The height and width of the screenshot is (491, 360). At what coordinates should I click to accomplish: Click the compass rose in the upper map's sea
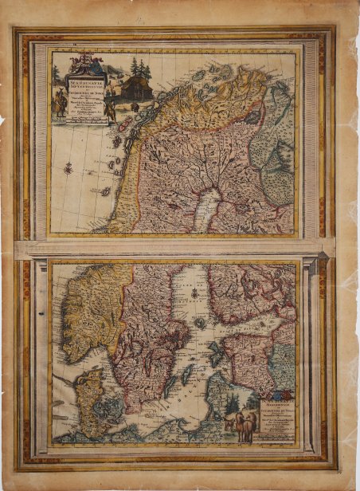click(68, 168)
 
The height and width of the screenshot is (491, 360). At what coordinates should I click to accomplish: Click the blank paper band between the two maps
click(175, 249)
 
